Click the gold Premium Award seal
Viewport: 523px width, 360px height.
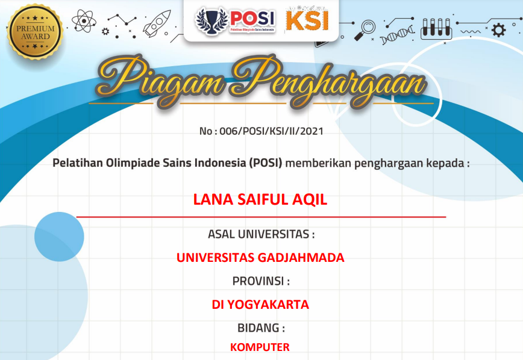click(x=36, y=32)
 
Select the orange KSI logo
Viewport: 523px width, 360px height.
click(x=307, y=20)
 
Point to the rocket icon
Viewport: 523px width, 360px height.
click(x=157, y=23)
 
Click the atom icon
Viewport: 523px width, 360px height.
click(x=84, y=21)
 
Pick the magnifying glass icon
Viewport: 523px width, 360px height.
click(x=365, y=30)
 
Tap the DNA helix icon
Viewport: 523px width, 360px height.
click(x=397, y=35)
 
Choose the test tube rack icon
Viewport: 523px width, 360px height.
click(x=436, y=29)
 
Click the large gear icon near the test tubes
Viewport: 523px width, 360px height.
click(x=499, y=30)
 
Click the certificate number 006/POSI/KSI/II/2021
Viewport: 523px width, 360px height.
click(x=272, y=131)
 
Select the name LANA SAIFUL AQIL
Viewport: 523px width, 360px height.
click(x=260, y=199)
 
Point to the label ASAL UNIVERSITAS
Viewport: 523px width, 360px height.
click(x=261, y=234)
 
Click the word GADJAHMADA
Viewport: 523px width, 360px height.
click(x=301, y=257)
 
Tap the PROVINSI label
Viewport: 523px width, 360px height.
click(x=261, y=281)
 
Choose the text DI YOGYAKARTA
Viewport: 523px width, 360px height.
click(x=260, y=305)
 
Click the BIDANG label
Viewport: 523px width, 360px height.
click(x=261, y=328)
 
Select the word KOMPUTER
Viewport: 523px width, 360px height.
click(x=260, y=347)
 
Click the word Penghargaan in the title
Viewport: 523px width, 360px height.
click(x=328, y=82)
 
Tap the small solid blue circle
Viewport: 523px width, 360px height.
click(x=60, y=237)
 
